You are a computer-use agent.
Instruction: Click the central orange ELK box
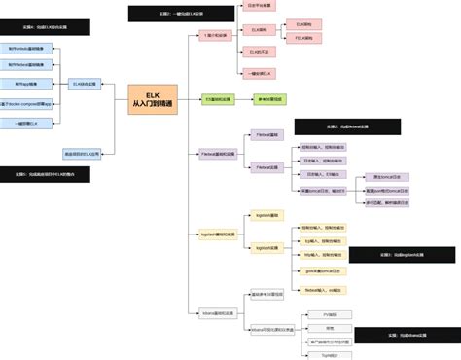[153, 99]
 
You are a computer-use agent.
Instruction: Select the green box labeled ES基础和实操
[218, 98]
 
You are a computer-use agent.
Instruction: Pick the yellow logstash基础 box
[266, 214]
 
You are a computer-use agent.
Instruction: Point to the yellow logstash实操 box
[266, 248]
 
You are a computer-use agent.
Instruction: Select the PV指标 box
[330, 315]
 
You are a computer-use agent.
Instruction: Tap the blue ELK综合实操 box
[85, 85]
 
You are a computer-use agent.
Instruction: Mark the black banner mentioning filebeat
[347, 126]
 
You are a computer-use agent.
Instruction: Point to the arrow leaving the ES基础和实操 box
[242, 98]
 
